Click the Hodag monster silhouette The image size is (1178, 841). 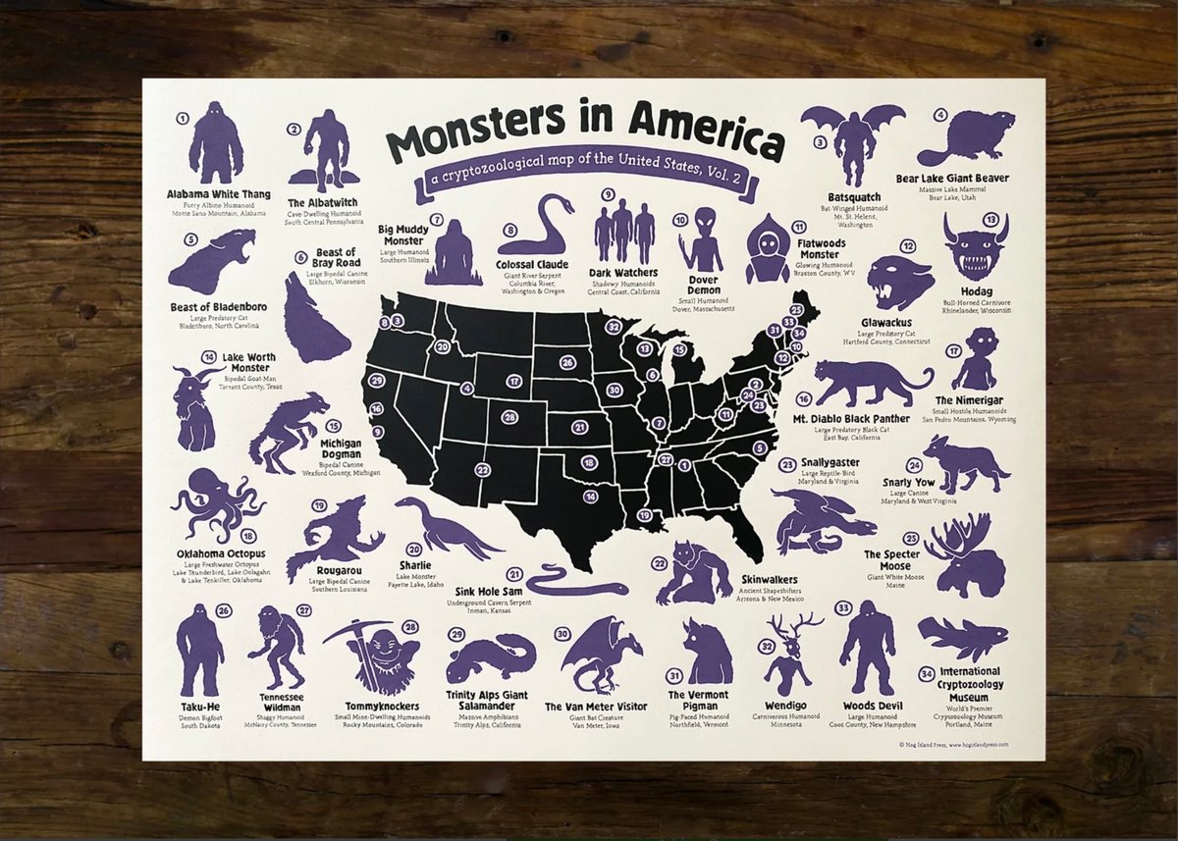click(x=977, y=248)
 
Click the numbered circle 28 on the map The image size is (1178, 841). click(x=509, y=417)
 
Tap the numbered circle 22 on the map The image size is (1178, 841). click(x=483, y=469)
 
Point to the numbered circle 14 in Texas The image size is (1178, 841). click(x=590, y=496)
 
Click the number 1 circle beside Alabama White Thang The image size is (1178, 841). click(x=182, y=118)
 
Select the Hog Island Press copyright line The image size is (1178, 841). click(x=953, y=745)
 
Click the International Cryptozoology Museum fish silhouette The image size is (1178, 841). click(x=963, y=638)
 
